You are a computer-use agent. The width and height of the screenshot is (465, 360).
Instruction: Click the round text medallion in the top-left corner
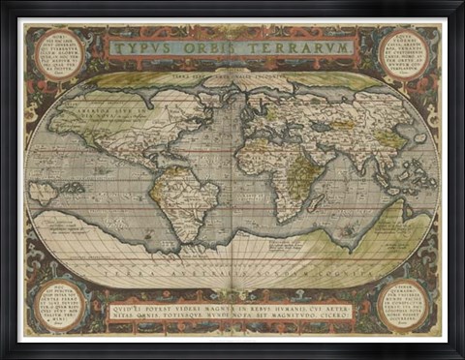click(x=60, y=54)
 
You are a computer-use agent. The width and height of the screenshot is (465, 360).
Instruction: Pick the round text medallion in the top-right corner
click(x=403, y=54)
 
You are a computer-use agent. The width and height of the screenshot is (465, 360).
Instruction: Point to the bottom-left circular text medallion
click(x=60, y=304)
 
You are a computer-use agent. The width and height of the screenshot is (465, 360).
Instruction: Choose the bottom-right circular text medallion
click(x=403, y=303)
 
